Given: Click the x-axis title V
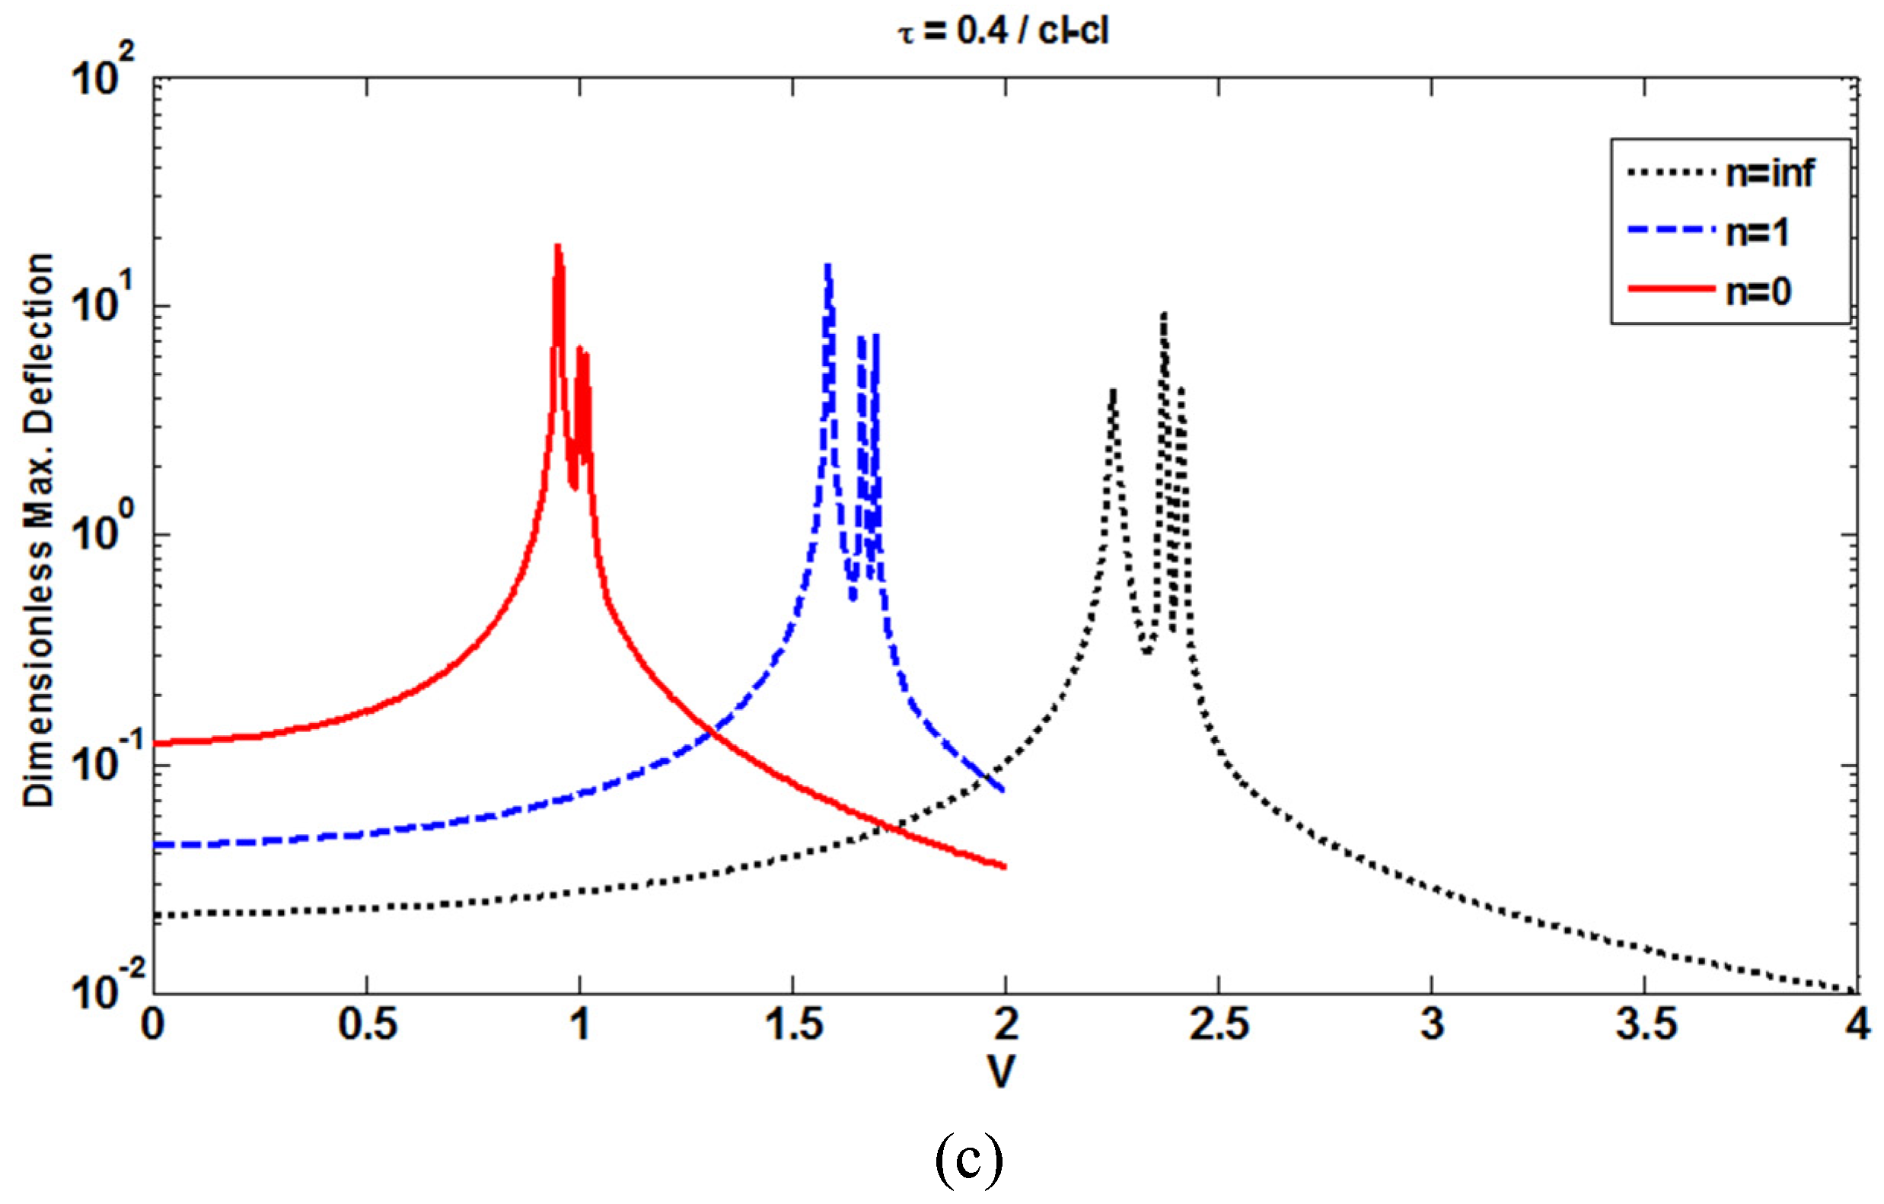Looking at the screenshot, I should (1002, 1073).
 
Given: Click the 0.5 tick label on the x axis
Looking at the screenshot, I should (367, 1025).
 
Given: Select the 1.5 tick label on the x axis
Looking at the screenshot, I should (793, 1025).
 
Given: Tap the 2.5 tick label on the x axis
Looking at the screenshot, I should (1219, 1025).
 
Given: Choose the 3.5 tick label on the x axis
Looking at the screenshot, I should (1646, 1025).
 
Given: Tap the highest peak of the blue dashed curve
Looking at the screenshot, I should (827, 266).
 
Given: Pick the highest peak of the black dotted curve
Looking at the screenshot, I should (1164, 314).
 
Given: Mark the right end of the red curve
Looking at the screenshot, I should (1004, 867).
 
